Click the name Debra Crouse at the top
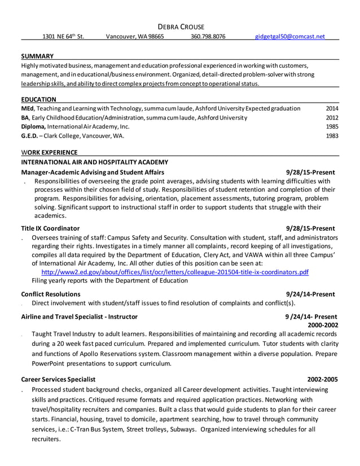tap(180, 27)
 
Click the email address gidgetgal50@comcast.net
tap(290, 36)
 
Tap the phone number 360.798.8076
tap(208, 36)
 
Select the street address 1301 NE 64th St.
tap(63, 36)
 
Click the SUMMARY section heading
tap(37, 56)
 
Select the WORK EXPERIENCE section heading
tap(49, 152)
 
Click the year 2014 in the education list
tap(332, 108)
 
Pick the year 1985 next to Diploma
tap(332, 127)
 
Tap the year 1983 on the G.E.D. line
tap(332, 136)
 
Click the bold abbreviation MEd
tap(28, 108)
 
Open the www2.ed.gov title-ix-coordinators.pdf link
tap(171, 271)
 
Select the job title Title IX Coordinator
tap(50, 228)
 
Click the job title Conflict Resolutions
tap(50, 294)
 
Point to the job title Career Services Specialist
tap(58, 379)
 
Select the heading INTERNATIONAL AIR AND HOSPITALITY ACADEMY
tap(94, 162)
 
